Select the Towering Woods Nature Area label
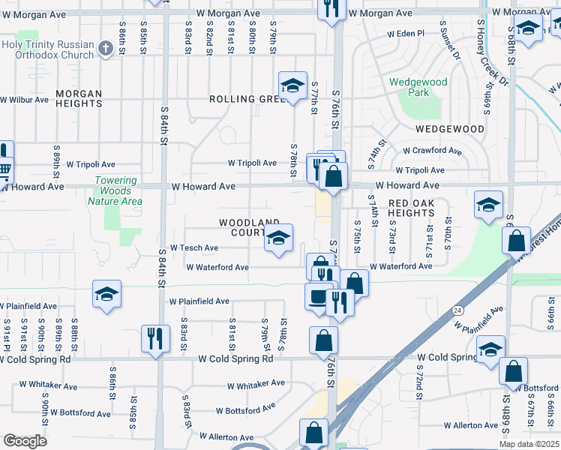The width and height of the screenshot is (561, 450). point(115,190)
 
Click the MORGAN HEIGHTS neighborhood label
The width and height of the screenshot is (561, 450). point(79,99)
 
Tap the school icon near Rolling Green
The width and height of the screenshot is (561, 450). point(292,86)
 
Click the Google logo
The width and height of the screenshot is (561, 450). point(25,441)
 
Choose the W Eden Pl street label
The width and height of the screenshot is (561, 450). point(406,34)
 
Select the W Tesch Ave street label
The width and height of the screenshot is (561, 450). point(194,247)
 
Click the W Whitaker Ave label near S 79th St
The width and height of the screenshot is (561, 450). point(256,383)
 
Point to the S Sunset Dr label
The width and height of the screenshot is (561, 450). point(453,43)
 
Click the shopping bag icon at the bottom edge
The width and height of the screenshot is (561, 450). point(313,433)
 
